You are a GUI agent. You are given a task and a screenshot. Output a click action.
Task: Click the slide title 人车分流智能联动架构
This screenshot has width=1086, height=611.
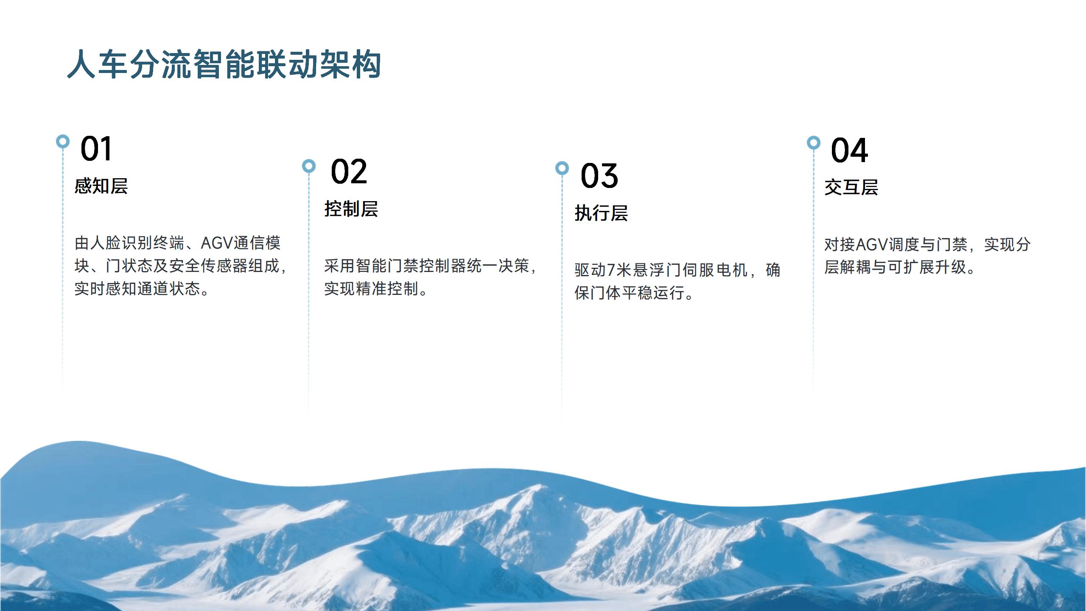pyautogui.click(x=224, y=64)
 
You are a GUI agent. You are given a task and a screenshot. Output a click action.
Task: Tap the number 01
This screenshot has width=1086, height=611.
pyautogui.click(x=96, y=149)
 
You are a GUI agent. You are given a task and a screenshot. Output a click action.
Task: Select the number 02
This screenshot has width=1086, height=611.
pyautogui.click(x=349, y=171)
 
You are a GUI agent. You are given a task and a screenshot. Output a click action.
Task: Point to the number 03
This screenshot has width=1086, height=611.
pyautogui.click(x=599, y=176)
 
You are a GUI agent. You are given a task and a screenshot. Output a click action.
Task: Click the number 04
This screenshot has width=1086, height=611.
pyautogui.click(x=849, y=150)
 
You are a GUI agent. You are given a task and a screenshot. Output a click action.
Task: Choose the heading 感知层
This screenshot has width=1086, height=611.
pyautogui.click(x=101, y=186)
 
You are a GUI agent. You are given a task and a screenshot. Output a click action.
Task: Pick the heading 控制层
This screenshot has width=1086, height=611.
pyautogui.click(x=351, y=209)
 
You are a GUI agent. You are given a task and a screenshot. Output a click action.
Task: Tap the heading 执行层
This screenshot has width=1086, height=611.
pyautogui.click(x=601, y=213)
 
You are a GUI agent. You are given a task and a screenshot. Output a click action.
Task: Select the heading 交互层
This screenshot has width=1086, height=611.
pyautogui.click(x=851, y=187)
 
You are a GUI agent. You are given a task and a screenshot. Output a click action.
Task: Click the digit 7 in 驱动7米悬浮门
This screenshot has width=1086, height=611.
pyautogui.click(x=611, y=270)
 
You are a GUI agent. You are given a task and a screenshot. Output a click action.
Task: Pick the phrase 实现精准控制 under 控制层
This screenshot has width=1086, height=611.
pyautogui.click(x=371, y=289)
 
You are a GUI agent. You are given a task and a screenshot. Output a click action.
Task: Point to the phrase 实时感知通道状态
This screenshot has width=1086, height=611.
pyautogui.click(x=137, y=289)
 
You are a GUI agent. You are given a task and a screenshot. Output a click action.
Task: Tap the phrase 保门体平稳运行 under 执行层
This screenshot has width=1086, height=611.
pyautogui.click(x=629, y=293)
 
